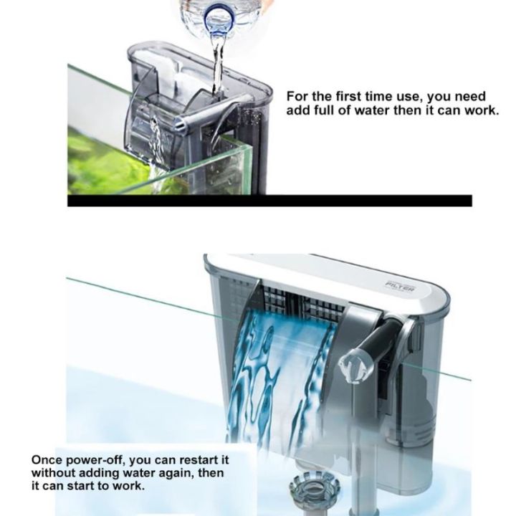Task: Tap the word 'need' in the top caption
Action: [470, 96]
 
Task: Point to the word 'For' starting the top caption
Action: [297, 96]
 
